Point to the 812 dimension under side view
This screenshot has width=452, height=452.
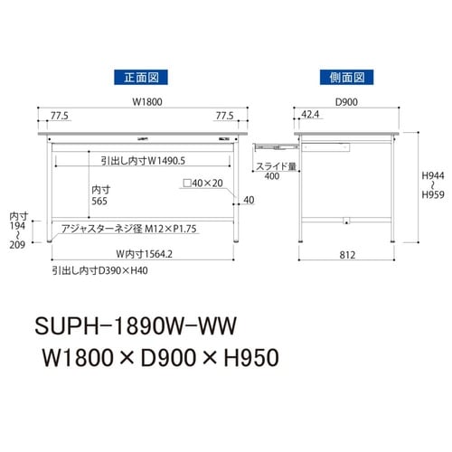pyautogui.click(x=346, y=254)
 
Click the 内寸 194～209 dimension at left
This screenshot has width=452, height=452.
pyautogui.click(x=18, y=230)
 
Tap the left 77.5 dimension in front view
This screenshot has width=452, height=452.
pyautogui.click(x=61, y=116)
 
